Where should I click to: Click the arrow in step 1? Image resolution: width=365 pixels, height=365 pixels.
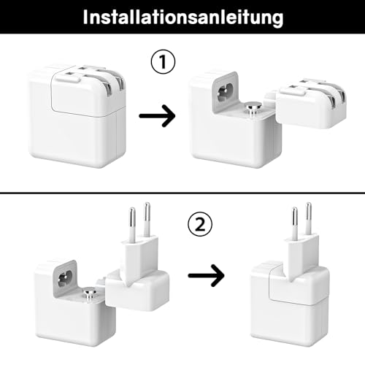click(157, 115)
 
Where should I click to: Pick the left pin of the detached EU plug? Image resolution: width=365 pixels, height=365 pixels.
click(133, 223)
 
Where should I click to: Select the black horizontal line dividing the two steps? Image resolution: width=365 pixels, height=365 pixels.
click(182, 193)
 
